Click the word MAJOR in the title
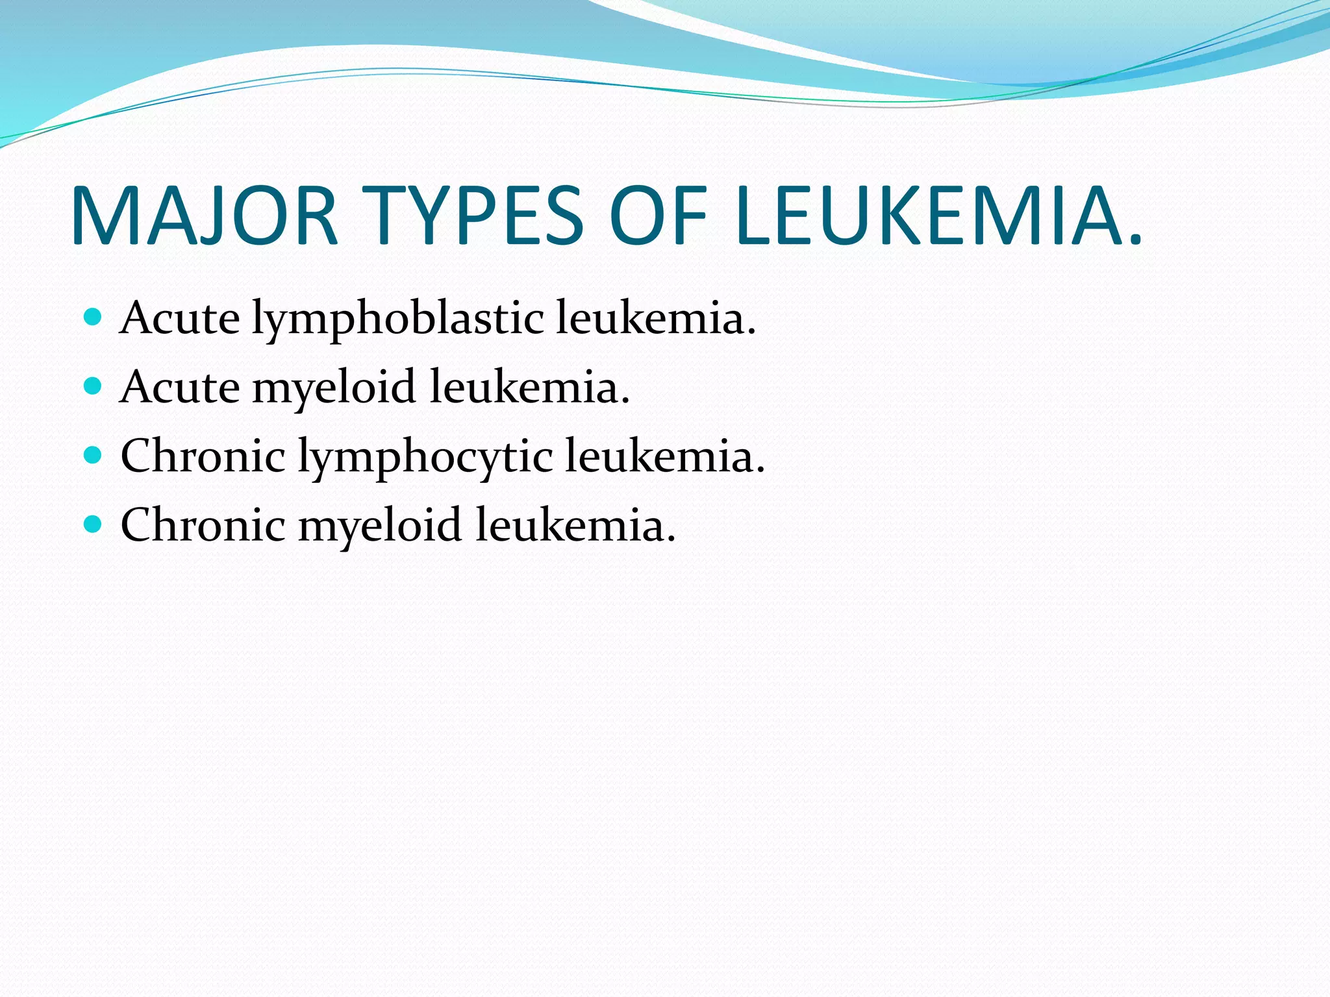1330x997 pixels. click(x=205, y=216)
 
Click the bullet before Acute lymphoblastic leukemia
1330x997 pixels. click(x=94, y=317)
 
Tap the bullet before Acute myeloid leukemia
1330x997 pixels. click(x=94, y=387)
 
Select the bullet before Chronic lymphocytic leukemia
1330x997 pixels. click(x=94, y=456)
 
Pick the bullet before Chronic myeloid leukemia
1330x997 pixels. click(x=94, y=524)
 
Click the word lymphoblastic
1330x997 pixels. click(x=397, y=320)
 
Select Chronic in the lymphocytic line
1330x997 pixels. click(x=203, y=456)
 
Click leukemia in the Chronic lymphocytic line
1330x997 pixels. click(x=664, y=456)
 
